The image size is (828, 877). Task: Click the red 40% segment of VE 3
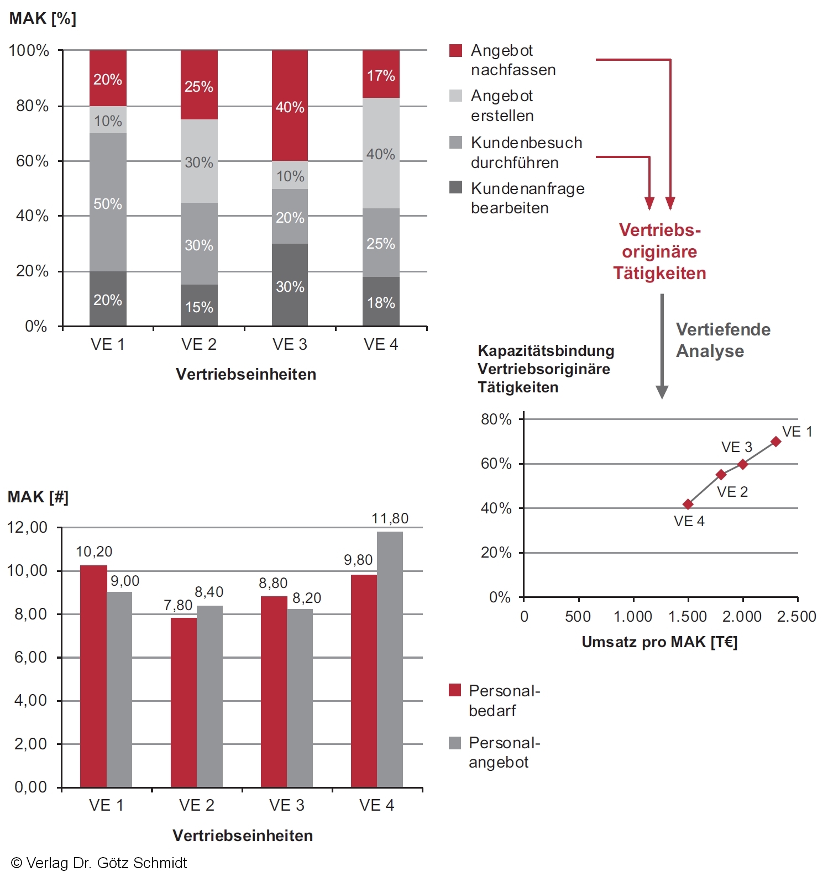(x=290, y=106)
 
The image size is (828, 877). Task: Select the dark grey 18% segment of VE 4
(x=381, y=301)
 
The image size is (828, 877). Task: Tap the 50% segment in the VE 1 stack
(x=108, y=202)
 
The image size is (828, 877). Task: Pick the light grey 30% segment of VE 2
(x=199, y=161)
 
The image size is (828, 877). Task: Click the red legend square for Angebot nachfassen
(x=455, y=50)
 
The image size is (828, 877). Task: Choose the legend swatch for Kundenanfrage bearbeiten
(x=455, y=187)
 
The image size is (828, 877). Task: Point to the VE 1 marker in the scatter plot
(x=775, y=442)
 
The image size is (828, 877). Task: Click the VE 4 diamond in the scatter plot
(x=688, y=504)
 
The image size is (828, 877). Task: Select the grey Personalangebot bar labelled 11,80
(x=390, y=659)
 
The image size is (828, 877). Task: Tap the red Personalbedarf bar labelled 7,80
(x=184, y=702)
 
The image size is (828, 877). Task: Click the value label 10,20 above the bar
(x=94, y=552)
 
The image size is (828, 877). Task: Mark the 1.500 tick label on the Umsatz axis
(x=687, y=617)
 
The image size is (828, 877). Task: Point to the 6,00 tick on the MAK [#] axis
(x=31, y=657)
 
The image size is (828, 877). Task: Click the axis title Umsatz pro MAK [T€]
(x=659, y=642)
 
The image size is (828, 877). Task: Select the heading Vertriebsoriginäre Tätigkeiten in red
(x=659, y=251)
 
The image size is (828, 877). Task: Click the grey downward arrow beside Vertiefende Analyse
(x=662, y=345)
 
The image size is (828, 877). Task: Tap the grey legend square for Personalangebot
(x=455, y=743)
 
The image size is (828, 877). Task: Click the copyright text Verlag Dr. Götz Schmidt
(x=99, y=863)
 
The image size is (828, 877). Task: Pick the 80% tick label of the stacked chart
(x=33, y=106)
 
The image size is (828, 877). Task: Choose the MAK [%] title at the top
(x=43, y=19)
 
